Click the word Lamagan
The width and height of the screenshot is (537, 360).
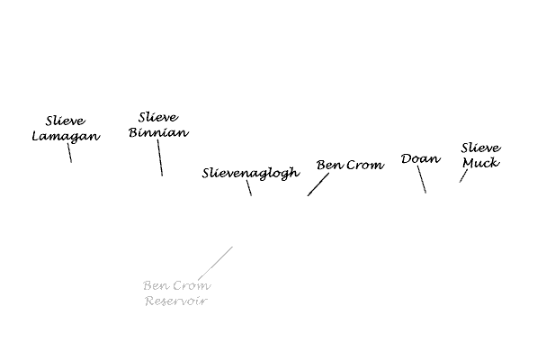pyautogui.click(x=66, y=136)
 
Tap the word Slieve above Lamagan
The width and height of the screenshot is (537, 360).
pyautogui.click(x=66, y=121)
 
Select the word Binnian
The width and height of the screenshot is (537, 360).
pyautogui.click(x=158, y=132)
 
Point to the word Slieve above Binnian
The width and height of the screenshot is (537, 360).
pyautogui.click(x=158, y=118)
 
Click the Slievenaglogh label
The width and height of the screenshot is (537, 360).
pyautogui.click(x=251, y=173)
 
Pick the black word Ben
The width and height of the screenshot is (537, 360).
pyautogui.click(x=330, y=165)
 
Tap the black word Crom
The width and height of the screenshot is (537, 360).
pyautogui.click(x=365, y=165)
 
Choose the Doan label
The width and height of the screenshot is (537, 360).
pyautogui.click(x=421, y=158)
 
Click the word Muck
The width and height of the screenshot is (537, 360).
pyautogui.click(x=481, y=163)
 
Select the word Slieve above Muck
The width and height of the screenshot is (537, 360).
pyautogui.click(x=481, y=148)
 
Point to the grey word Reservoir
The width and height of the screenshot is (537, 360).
pyautogui.click(x=176, y=301)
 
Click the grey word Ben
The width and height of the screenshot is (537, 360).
pyautogui.click(x=157, y=285)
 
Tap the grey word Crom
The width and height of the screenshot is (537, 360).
pyautogui.click(x=192, y=285)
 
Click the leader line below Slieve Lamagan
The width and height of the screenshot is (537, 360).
pyautogui.click(x=69, y=153)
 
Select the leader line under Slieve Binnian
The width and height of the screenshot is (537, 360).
pyautogui.click(x=160, y=157)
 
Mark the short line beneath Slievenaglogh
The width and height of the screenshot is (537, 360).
pyautogui.click(x=249, y=188)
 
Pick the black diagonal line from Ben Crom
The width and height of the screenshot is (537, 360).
pyautogui.click(x=318, y=184)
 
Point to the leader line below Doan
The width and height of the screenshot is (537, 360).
pyautogui.click(x=422, y=179)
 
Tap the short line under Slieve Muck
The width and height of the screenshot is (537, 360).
pyautogui.click(x=463, y=175)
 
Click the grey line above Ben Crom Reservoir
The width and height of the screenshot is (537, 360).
pyautogui.click(x=215, y=263)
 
